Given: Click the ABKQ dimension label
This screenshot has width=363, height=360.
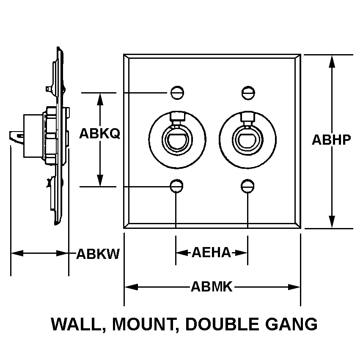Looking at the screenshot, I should pyautogui.click(x=100, y=134).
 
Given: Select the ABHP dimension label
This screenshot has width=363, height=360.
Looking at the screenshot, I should pyautogui.click(x=332, y=140).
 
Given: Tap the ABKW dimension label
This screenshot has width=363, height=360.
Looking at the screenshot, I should pyautogui.click(x=98, y=254).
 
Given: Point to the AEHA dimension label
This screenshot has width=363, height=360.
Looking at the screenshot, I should pyautogui.click(x=211, y=253).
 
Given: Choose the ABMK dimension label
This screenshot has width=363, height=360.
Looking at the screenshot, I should pyautogui.click(x=212, y=287).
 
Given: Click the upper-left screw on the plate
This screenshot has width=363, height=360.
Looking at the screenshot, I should pyautogui.click(x=177, y=92).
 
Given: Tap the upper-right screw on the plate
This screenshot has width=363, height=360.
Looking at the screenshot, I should pyautogui.click(x=247, y=92).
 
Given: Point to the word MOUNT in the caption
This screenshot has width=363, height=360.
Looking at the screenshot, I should pyautogui.click(x=142, y=324).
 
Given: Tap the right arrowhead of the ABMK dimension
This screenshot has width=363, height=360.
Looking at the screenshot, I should pyautogui.click(x=295, y=287).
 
